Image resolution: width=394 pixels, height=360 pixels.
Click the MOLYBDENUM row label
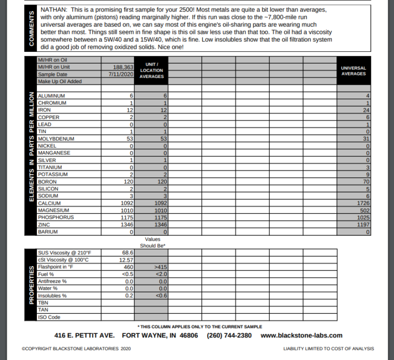coord(56,139)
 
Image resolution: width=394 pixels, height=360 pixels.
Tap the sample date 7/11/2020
coord(121,74)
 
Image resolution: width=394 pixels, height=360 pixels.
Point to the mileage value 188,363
coord(123,67)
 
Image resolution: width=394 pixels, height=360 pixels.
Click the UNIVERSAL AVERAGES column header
coord(353,71)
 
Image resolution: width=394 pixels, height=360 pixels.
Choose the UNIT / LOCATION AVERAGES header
coord(151,71)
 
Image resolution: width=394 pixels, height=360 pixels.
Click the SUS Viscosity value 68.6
coord(127,253)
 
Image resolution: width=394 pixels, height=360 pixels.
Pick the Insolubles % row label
coord(52,296)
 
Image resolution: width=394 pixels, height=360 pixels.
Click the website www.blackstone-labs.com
coord(301,335)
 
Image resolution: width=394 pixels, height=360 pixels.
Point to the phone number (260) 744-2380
coord(229,335)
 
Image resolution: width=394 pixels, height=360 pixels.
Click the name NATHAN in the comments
coord(53,10)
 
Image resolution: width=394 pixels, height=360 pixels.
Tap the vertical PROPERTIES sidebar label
coord(32,285)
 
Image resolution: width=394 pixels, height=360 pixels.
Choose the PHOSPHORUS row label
coord(56,217)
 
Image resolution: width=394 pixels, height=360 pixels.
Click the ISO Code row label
coord(49,317)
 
